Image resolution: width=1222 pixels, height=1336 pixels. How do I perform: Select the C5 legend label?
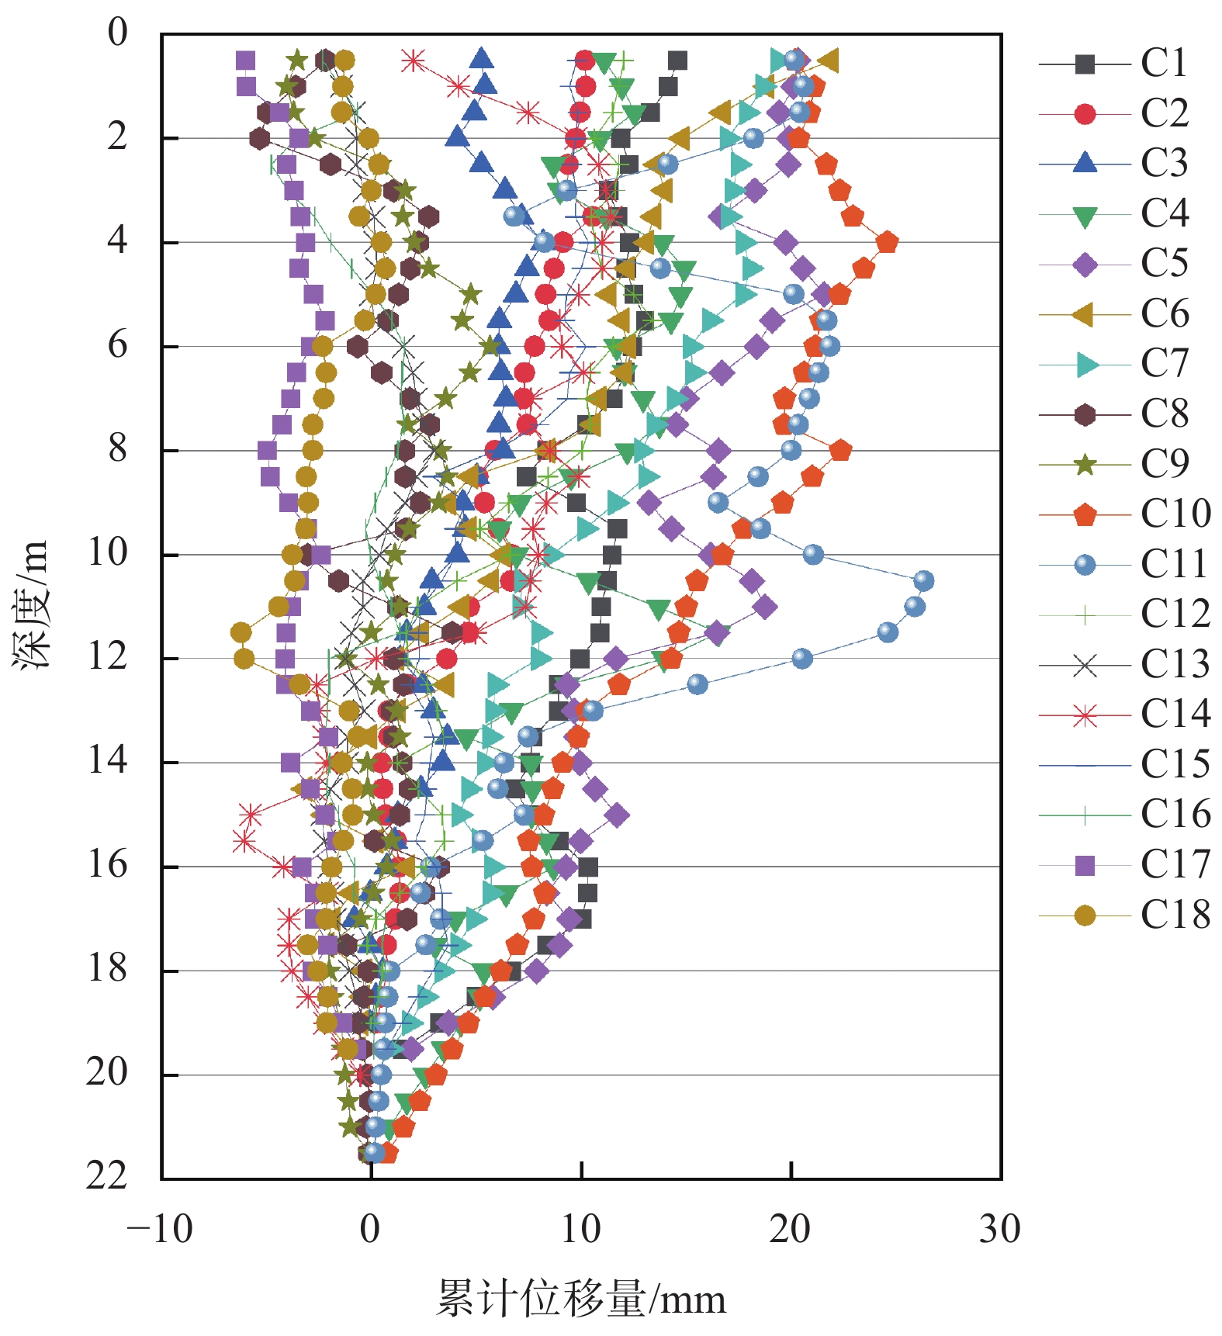click(x=1164, y=265)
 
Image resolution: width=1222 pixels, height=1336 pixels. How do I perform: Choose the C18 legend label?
click(x=1175, y=915)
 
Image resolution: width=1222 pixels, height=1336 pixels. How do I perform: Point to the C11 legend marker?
click(x=1085, y=565)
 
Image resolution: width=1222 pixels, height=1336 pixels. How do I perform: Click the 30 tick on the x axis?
click(x=1000, y=1229)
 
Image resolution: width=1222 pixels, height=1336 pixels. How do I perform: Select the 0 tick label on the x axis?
click(x=371, y=1229)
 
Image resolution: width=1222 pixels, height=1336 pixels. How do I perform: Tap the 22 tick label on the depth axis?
click(x=106, y=1176)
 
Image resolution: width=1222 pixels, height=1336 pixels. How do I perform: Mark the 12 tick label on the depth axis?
click(x=106, y=657)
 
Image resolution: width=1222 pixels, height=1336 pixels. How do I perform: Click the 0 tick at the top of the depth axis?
click(x=117, y=33)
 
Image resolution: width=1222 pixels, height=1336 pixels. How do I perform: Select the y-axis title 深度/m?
click(x=31, y=604)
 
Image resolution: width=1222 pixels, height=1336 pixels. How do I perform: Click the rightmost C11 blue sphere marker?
click(x=923, y=580)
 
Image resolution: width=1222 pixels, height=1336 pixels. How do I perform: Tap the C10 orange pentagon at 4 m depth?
click(x=887, y=242)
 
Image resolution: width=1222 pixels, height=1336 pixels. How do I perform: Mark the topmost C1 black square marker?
click(x=677, y=61)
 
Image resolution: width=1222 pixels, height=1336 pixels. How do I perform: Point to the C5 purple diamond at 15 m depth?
click(x=617, y=815)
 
